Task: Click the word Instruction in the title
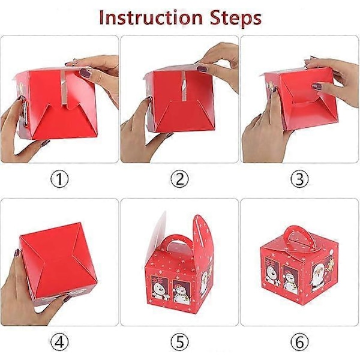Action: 151,18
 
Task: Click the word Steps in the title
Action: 236,19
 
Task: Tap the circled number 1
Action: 59,179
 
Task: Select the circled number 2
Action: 179,179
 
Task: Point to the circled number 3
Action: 299,179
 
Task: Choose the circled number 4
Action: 59,342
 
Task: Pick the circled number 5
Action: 179,342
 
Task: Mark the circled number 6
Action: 299,342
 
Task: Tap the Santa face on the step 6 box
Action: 318,277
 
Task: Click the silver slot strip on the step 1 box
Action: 63,88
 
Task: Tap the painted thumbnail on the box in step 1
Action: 85,73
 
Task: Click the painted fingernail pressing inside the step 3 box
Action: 317,86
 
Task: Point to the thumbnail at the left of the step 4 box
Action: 17,253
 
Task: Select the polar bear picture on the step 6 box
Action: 272,272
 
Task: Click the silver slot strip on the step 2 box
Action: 184,85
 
